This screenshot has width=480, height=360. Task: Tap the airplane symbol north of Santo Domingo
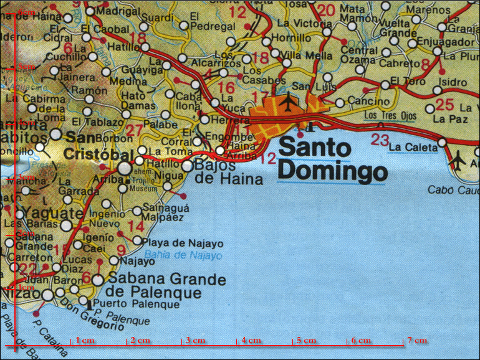click(x=288, y=100)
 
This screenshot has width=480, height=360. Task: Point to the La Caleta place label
click(x=412, y=147)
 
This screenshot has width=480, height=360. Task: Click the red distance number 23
click(x=380, y=140)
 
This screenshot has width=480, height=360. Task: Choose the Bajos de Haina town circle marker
click(x=188, y=166)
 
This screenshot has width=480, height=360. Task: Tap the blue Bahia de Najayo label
click(x=183, y=255)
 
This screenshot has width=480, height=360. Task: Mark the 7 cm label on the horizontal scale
click(x=417, y=341)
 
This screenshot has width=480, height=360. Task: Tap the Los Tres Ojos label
click(x=388, y=116)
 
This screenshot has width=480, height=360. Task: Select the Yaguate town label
click(x=44, y=213)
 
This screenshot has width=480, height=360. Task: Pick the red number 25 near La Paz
click(x=445, y=105)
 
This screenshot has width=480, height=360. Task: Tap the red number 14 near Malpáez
click(x=135, y=225)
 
